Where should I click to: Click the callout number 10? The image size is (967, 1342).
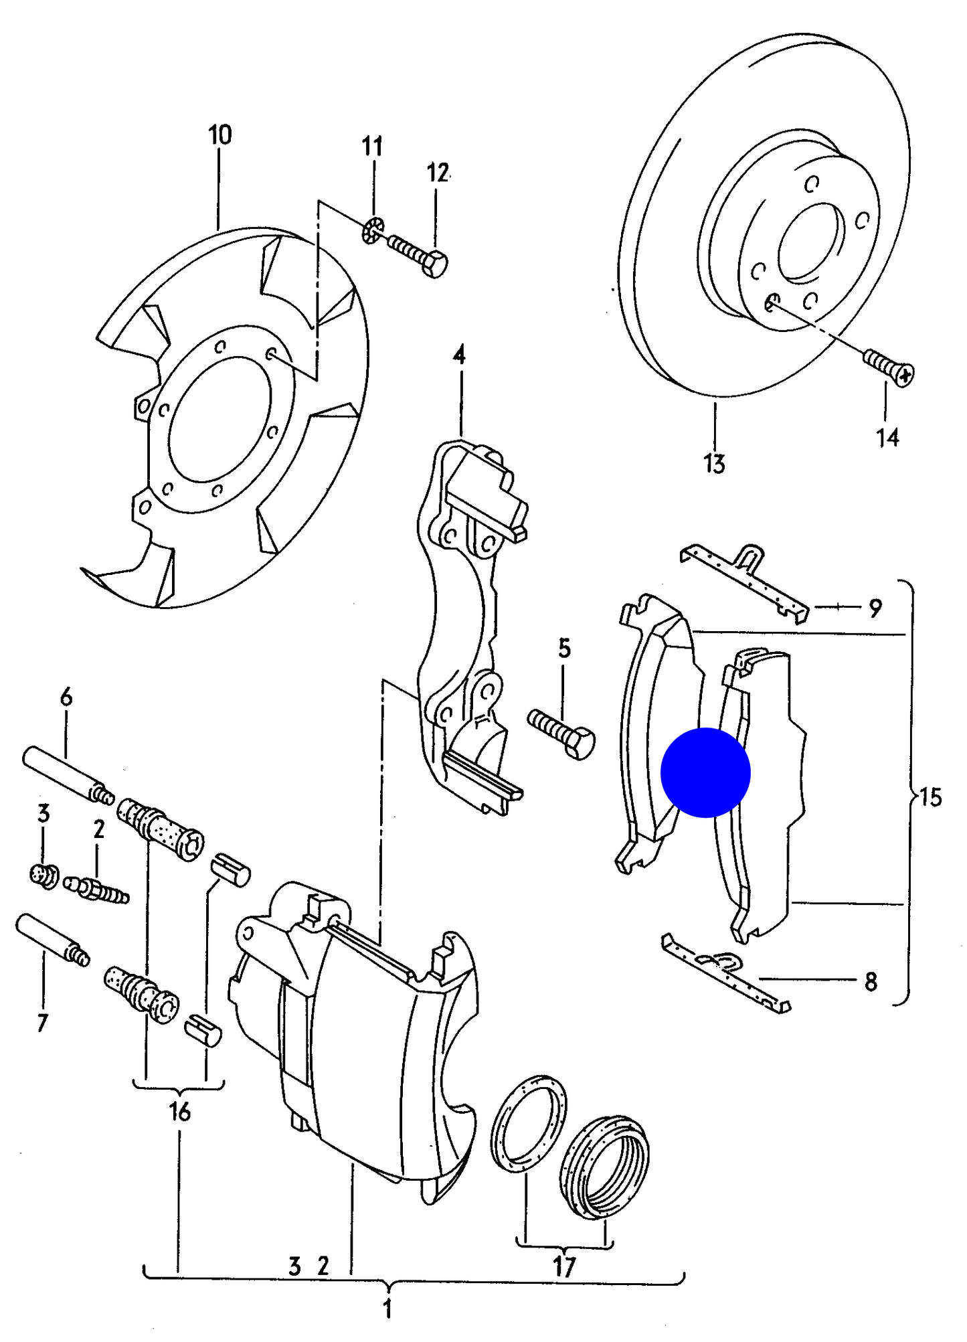220,135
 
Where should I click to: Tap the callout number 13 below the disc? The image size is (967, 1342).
714,463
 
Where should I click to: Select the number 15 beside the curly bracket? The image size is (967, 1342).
930,797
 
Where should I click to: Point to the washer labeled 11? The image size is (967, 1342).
373,230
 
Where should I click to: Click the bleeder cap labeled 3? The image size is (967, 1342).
44,875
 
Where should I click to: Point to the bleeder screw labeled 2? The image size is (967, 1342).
96,890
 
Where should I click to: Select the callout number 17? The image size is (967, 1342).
564,1267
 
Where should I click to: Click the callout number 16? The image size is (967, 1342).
179,1112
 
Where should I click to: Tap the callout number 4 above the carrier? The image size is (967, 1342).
459,355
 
